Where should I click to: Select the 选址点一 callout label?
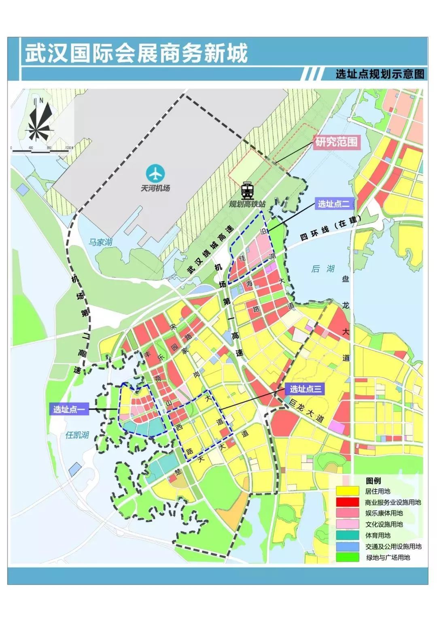[x=69, y=409]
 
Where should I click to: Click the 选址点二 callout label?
[x=333, y=204]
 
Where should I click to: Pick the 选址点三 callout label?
[x=305, y=390]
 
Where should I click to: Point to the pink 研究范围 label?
[x=336, y=143]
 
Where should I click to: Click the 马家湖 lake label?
[x=100, y=242]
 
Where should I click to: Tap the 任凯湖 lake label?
[x=77, y=435]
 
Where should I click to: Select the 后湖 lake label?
[x=323, y=269]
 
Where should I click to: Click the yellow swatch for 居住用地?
[x=347, y=491]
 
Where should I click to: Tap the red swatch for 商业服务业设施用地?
[x=347, y=502]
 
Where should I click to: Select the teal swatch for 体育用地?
[x=347, y=535]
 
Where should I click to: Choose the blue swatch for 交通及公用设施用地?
[x=347, y=546]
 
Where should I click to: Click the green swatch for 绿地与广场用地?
[x=347, y=557]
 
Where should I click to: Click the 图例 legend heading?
[x=373, y=481]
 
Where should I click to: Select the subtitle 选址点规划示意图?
[x=380, y=74]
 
